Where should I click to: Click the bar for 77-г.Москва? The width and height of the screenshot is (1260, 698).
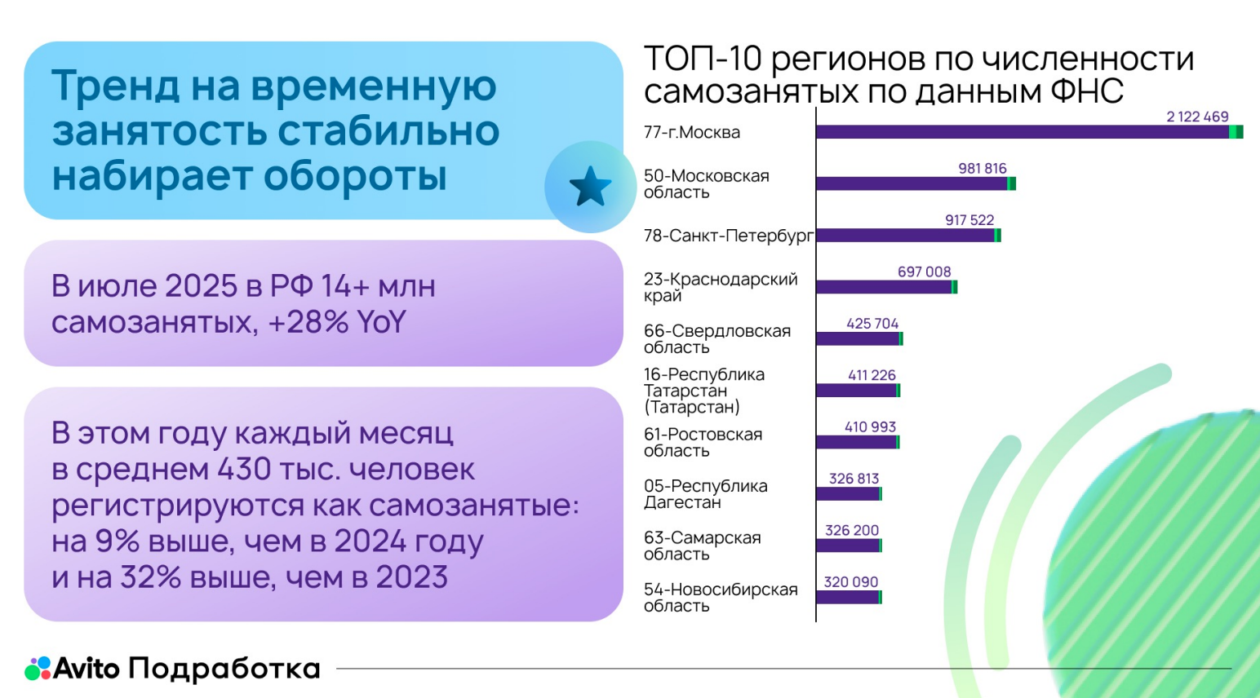click(x=1028, y=132)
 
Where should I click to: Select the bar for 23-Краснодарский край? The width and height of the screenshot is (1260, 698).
click(x=885, y=287)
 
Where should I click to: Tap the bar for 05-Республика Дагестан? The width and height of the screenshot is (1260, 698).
click(x=849, y=493)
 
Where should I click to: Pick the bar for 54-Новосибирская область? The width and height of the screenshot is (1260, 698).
click(x=849, y=597)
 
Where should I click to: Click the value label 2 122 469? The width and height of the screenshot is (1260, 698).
click(x=1197, y=117)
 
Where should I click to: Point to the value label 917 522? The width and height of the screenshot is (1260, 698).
click(x=969, y=220)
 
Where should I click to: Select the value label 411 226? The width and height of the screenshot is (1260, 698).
click(x=872, y=375)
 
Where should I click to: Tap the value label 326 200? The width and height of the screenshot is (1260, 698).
click(x=852, y=530)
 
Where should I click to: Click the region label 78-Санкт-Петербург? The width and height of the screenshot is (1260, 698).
click(x=728, y=236)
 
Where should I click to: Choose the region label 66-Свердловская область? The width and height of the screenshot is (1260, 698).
click(x=717, y=338)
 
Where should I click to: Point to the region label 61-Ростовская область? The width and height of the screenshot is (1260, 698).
click(x=703, y=442)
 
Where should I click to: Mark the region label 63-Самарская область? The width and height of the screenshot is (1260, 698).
click(x=702, y=546)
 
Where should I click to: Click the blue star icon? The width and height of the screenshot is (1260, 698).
click(x=590, y=187)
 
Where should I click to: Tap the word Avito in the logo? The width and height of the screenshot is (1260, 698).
click(x=87, y=669)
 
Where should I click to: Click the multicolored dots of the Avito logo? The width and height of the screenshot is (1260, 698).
click(x=38, y=669)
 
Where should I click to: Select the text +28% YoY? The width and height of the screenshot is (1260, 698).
click(x=336, y=322)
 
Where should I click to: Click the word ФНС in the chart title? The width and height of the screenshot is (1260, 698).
click(x=1086, y=91)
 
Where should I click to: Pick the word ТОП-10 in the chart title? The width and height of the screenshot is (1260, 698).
click(x=703, y=59)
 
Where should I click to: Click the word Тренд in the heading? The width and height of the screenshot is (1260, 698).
click(x=115, y=86)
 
